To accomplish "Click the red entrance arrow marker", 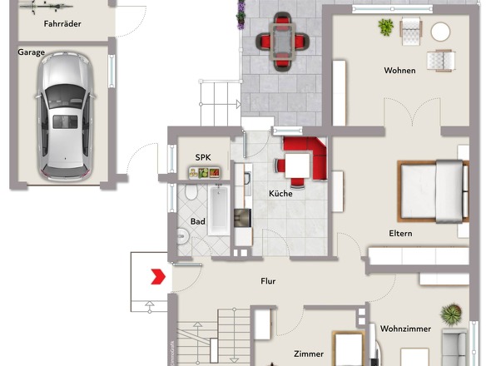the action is pyautogui.click(x=158, y=276).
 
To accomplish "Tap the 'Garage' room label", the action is pyautogui.click(x=31, y=52).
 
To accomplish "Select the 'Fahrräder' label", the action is pyautogui.click(x=62, y=24).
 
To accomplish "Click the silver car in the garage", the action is pyautogui.click(x=65, y=116).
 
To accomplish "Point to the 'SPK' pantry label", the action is pyautogui.click(x=203, y=157).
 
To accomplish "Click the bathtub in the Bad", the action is pyautogui.click(x=219, y=210).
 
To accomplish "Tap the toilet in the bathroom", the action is pyautogui.click(x=191, y=191).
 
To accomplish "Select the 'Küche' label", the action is pyautogui.click(x=280, y=194).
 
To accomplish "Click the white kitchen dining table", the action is pyautogui.click(x=297, y=166).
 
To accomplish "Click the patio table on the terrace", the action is pyautogui.click(x=283, y=42).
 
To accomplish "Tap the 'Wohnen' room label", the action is pyautogui.click(x=400, y=71).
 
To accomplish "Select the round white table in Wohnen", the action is pyautogui.click(x=440, y=32).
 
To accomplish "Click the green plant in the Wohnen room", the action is pyautogui.click(x=385, y=27).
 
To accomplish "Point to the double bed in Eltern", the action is pyautogui.click(x=433, y=191).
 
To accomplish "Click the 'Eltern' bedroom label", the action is pyautogui.click(x=400, y=234).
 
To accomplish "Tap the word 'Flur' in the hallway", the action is pyautogui.click(x=268, y=281).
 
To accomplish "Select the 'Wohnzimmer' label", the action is pyautogui.click(x=405, y=329).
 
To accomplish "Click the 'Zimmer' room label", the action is pyautogui.click(x=309, y=354).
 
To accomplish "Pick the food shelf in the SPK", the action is pyautogui.click(x=204, y=173).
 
